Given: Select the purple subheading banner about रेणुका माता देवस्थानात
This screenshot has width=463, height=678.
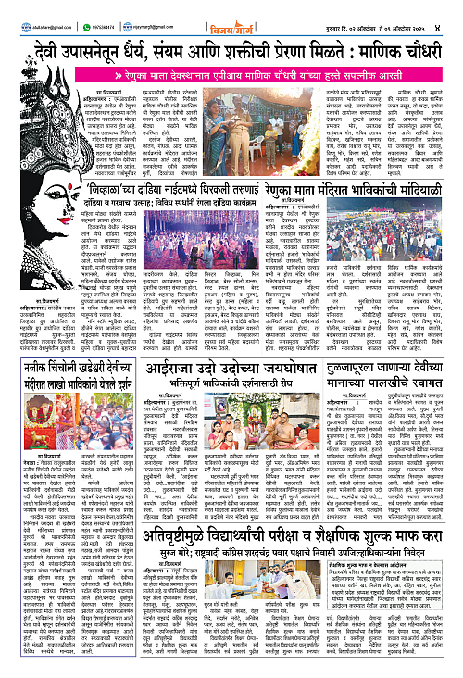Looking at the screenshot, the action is tap(259, 70).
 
